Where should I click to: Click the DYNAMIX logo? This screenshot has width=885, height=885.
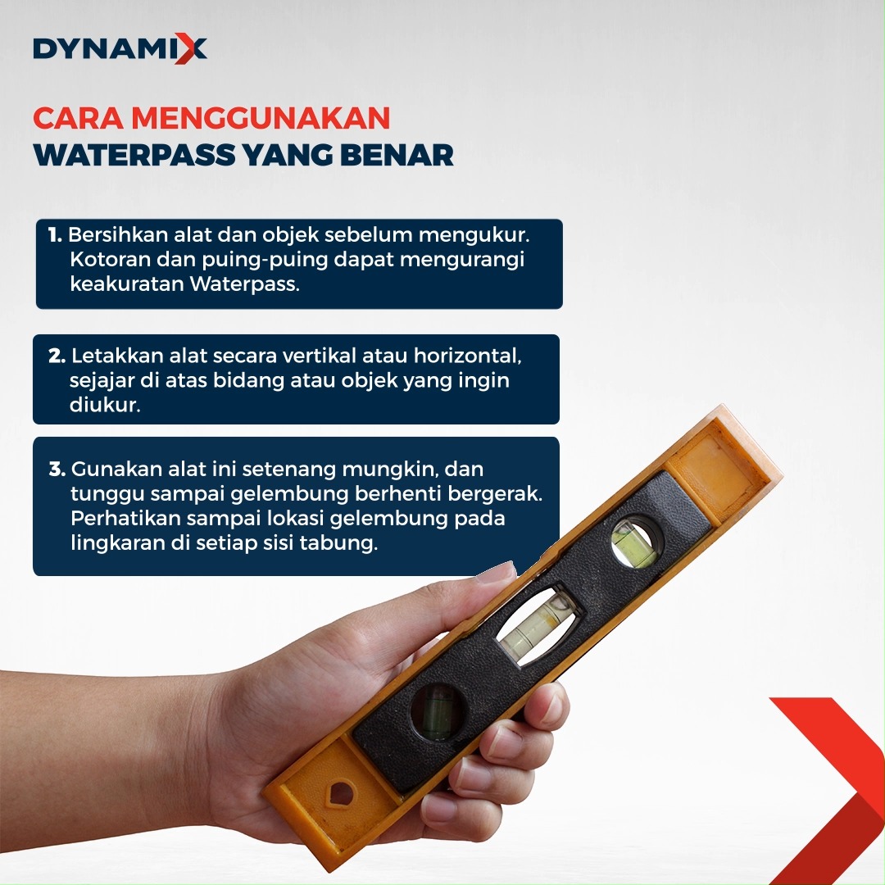[x=120, y=48]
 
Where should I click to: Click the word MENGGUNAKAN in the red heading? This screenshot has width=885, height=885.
[x=261, y=118]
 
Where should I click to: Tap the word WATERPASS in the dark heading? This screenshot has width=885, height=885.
[x=134, y=155]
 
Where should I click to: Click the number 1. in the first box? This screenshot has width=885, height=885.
[x=55, y=235]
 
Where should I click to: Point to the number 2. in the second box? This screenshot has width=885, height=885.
[x=57, y=356]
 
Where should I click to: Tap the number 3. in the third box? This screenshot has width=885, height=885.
[x=57, y=469]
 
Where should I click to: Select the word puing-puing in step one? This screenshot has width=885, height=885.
[x=265, y=261]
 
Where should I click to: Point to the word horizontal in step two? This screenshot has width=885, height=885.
[x=467, y=356]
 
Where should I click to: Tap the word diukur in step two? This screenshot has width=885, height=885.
[x=104, y=404]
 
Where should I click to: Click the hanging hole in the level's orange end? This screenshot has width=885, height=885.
[x=341, y=795]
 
